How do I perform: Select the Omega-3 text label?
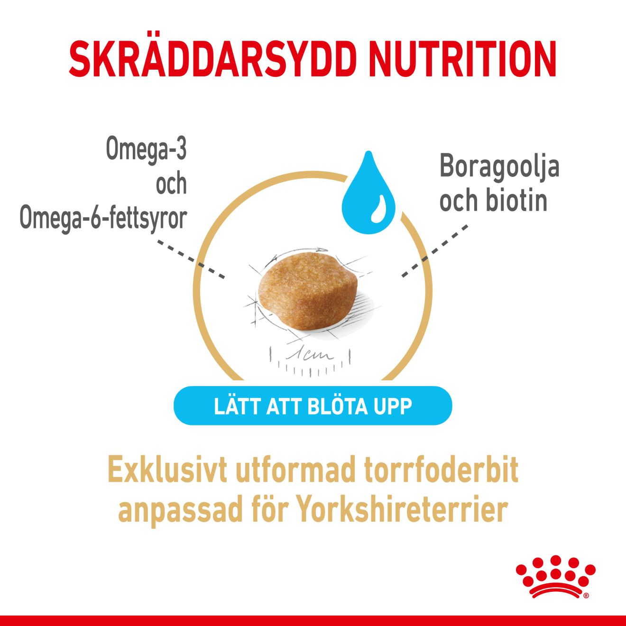pyautogui.click(x=146, y=149)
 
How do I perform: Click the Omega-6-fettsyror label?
pyautogui.click(x=103, y=218)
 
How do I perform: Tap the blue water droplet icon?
pyautogui.click(x=368, y=193)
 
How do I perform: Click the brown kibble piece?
pyautogui.click(x=308, y=293)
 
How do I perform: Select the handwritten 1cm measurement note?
pyautogui.click(x=309, y=355)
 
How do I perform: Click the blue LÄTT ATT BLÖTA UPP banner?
pyautogui.click(x=313, y=405)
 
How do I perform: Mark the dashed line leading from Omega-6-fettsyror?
pyautogui.click(x=191, y=259)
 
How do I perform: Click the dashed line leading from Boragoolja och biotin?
pyautogui.click(x=435, y=250)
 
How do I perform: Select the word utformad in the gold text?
pyautogui.click(x=295, y=472)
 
